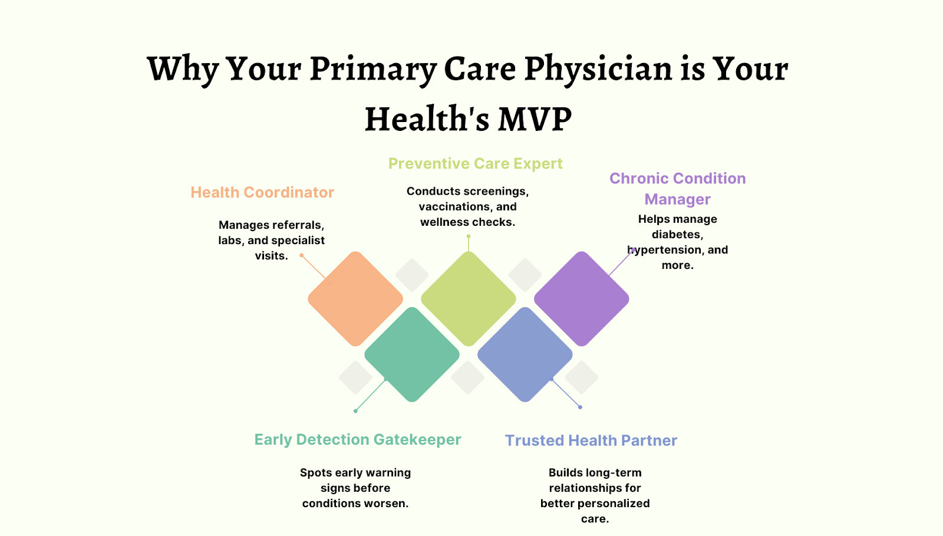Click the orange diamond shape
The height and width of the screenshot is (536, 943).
tap(355, 299)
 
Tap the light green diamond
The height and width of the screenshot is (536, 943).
tap(469, 299)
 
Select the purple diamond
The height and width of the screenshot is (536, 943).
tap(581, 299)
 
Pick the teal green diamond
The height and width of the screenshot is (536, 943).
tap(412, 354)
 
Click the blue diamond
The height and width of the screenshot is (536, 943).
tap(525, 354)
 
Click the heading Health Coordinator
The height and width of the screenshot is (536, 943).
tap(262, 192)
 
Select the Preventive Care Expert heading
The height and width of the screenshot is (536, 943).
tap(475, 164)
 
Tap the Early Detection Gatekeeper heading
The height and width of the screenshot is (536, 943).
tap(358, 439)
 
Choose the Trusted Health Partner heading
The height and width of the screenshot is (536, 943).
tap(591, 440)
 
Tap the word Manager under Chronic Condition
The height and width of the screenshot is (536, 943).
tap(677, 199)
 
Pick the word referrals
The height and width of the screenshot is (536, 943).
tap(298, 225)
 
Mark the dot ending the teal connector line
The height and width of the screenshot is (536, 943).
tap(356, 411)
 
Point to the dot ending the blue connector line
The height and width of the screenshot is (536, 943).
tap(580, 407)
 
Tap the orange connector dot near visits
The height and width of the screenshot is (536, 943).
tap(301, 255)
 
